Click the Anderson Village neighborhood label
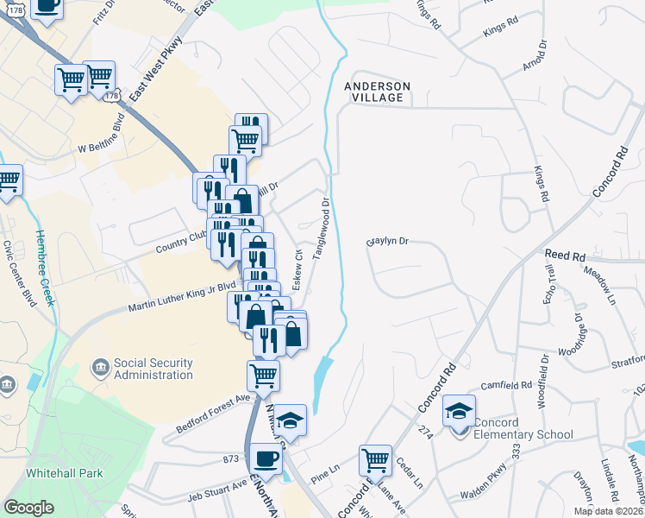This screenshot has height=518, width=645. [377, 92]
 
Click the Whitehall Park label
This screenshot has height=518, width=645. [64, 473]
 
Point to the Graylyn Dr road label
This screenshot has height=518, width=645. [386, 243]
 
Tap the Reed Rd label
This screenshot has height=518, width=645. [565, 256]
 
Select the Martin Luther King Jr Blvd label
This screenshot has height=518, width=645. [182, 295]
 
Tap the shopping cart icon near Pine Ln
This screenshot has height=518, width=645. [375, 461]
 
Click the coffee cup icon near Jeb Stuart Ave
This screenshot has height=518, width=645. [266, 459]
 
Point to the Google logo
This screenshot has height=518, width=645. [28, 508]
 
